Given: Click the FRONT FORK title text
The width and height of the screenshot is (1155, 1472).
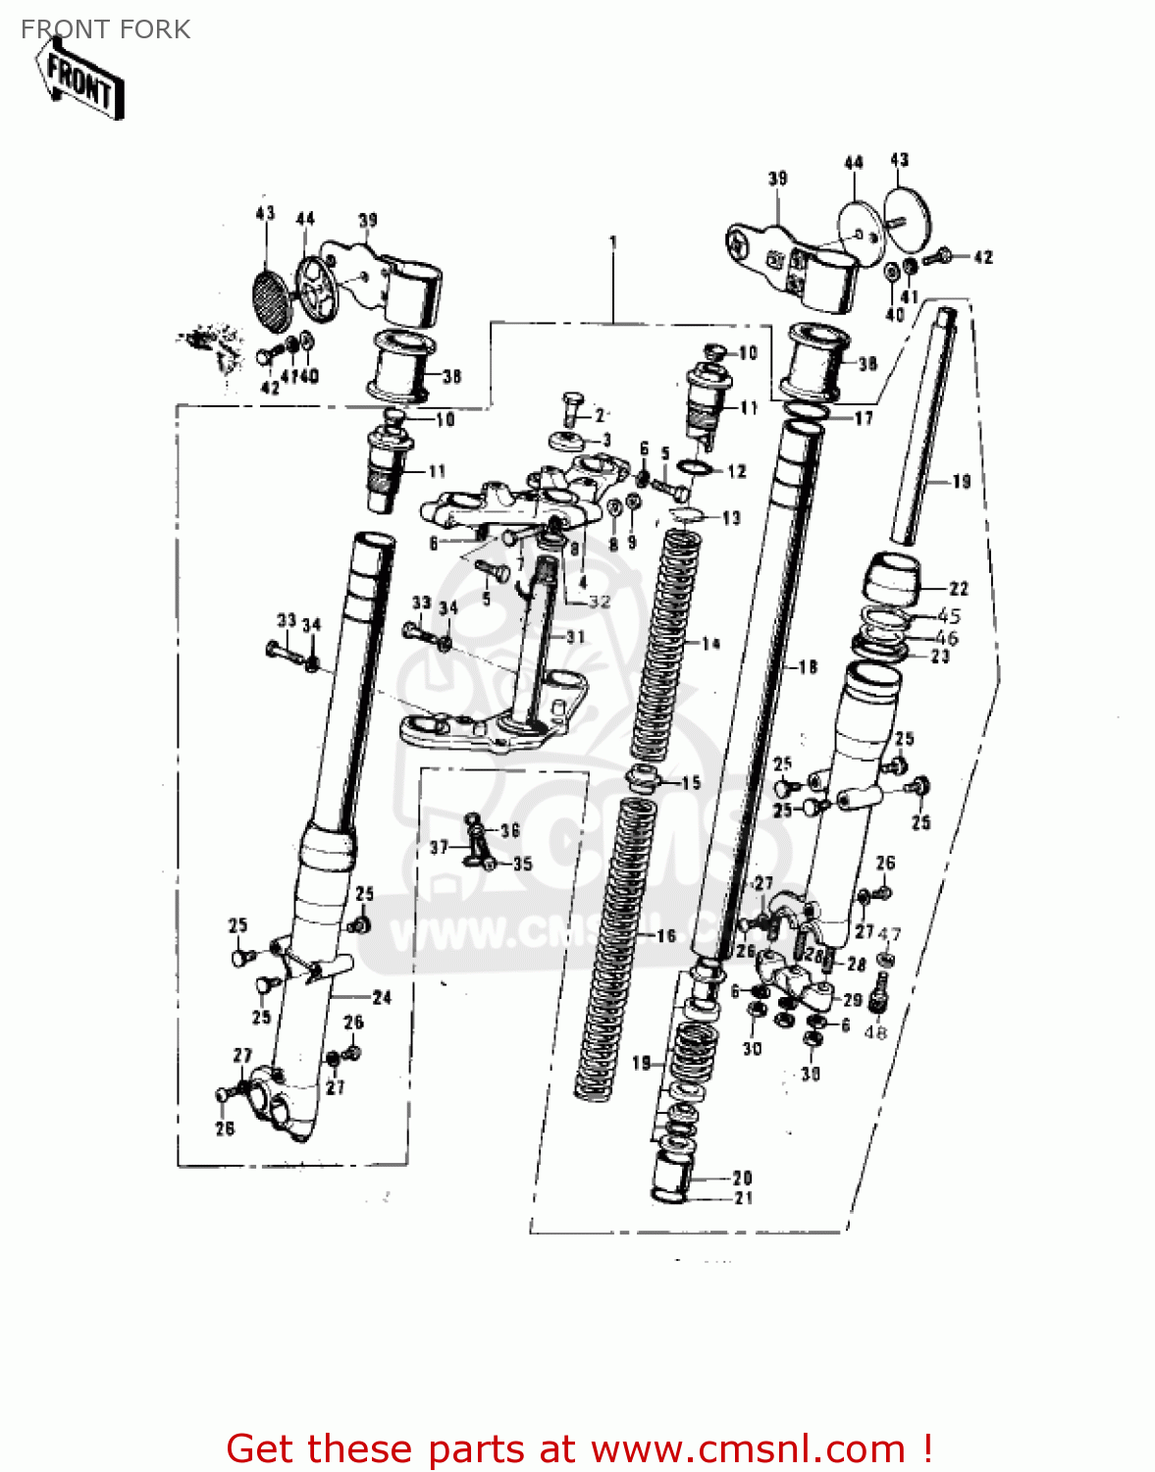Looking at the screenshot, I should [105, 29].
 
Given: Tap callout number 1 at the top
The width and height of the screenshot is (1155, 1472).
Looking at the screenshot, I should [613, 241].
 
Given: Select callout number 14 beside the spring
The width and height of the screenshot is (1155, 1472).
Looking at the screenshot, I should [710, 644].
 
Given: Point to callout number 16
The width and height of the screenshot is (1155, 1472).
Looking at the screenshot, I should [666, 935].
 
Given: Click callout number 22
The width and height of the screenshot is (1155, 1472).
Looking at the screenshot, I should [958, 589].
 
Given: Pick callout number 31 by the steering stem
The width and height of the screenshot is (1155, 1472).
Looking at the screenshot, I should [575, 637].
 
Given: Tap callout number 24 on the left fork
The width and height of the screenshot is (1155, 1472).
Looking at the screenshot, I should [382, 997].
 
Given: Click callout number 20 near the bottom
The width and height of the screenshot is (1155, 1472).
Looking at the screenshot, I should [743, 1177].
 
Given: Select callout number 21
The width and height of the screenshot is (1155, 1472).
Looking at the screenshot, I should [743, 1197].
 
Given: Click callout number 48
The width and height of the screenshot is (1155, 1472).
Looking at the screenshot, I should [875, 1031].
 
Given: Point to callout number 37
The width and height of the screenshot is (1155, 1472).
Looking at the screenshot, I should [439, 847].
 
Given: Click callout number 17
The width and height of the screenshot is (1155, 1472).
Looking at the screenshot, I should [863, 418].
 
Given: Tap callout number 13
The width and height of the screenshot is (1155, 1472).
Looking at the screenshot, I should [731, 517].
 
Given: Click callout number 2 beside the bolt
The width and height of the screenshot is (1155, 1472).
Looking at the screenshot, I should [600, 416].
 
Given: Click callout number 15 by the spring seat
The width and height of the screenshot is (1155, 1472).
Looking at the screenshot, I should [691, 782].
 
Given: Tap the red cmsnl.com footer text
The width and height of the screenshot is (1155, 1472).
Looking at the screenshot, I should [579, 1448].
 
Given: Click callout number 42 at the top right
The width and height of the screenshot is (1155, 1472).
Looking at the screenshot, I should [982, 257].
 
